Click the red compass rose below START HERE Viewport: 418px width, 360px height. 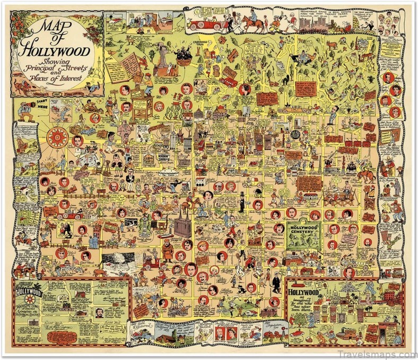click(x=56, y=138)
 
